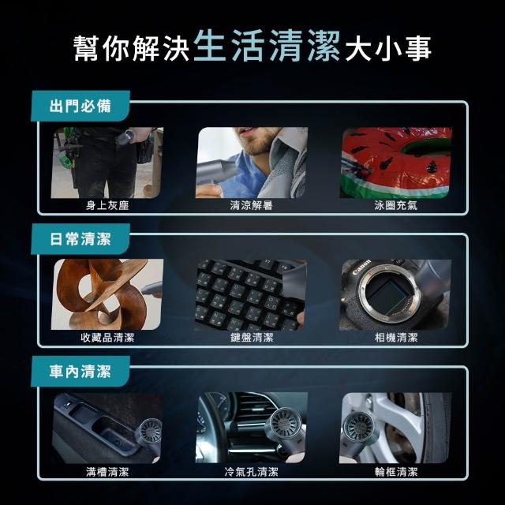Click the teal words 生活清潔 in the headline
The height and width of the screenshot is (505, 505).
point(267,46)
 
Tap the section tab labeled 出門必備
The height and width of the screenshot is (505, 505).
point(80,106)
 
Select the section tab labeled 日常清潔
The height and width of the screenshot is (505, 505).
point(80,239)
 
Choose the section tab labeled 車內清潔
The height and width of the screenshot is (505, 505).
point(80,372)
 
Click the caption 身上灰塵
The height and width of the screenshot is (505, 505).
point(107,205)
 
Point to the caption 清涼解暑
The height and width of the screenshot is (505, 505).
point(252,205)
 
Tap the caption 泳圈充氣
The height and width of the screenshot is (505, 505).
point(396,205)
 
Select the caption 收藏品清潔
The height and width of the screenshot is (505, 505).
point(107,338)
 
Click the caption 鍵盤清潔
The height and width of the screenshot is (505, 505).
point(252,338)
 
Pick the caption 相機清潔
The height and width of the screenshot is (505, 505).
point(396,338)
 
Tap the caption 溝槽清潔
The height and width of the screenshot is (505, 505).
point(107,472)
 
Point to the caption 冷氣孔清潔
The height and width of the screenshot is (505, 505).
point(252,472)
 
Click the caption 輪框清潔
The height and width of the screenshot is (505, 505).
point(396,472)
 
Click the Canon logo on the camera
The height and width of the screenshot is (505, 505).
point(361,267)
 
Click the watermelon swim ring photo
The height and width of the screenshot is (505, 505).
point(396,163)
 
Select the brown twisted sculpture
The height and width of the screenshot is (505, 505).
point(102,294)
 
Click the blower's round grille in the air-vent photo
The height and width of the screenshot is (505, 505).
point(284,422)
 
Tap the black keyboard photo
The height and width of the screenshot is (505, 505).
point(251,295)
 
